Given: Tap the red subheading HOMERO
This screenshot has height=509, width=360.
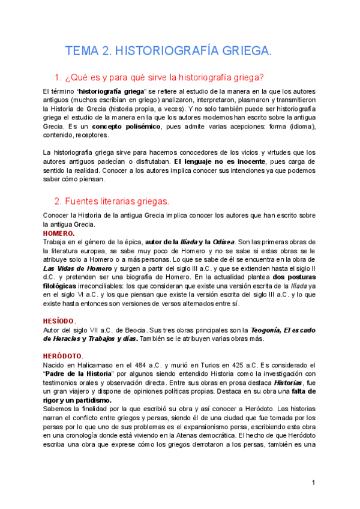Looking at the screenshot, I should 59,233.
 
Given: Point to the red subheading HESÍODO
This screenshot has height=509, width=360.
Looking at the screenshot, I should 59,321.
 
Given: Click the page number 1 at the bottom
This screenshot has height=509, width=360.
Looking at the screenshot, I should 313,483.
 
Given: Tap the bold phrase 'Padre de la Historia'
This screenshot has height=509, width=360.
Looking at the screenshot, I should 79,373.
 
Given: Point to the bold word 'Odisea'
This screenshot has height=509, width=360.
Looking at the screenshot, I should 221,242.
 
